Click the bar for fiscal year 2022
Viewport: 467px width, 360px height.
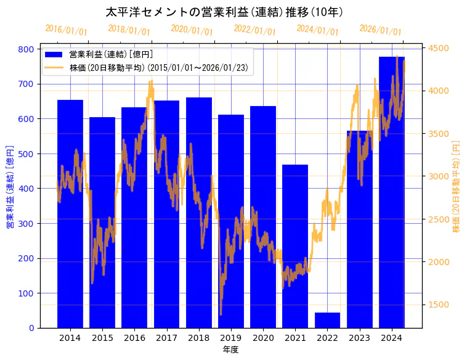[x=327, y=321]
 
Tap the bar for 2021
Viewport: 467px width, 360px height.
[x=295, y=247]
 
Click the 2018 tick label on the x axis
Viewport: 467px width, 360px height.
[x=199, y=338]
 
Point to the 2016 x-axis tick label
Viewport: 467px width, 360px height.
[x=134, y=338]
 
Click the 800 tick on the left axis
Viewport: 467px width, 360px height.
[x=27, y=49]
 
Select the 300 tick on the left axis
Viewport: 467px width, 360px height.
[x=27, y=223]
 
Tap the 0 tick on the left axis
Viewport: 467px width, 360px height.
[x=31, y=328]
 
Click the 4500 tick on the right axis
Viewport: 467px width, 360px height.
[x=438, y=48]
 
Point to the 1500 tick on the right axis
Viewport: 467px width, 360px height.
[x=438, y=305]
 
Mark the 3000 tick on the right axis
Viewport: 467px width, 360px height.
[x=438, y=176]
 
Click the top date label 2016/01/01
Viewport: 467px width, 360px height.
[x=67, y=30]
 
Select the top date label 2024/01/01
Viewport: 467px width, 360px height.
[x=317, y=30]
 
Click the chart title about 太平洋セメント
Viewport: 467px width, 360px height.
[x=224, y=12]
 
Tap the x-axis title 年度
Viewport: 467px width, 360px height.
[x=230, y=350]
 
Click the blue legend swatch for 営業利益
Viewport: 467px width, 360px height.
[x=55, y=55]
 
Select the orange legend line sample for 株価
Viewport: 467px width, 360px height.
[x=55, y=67]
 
